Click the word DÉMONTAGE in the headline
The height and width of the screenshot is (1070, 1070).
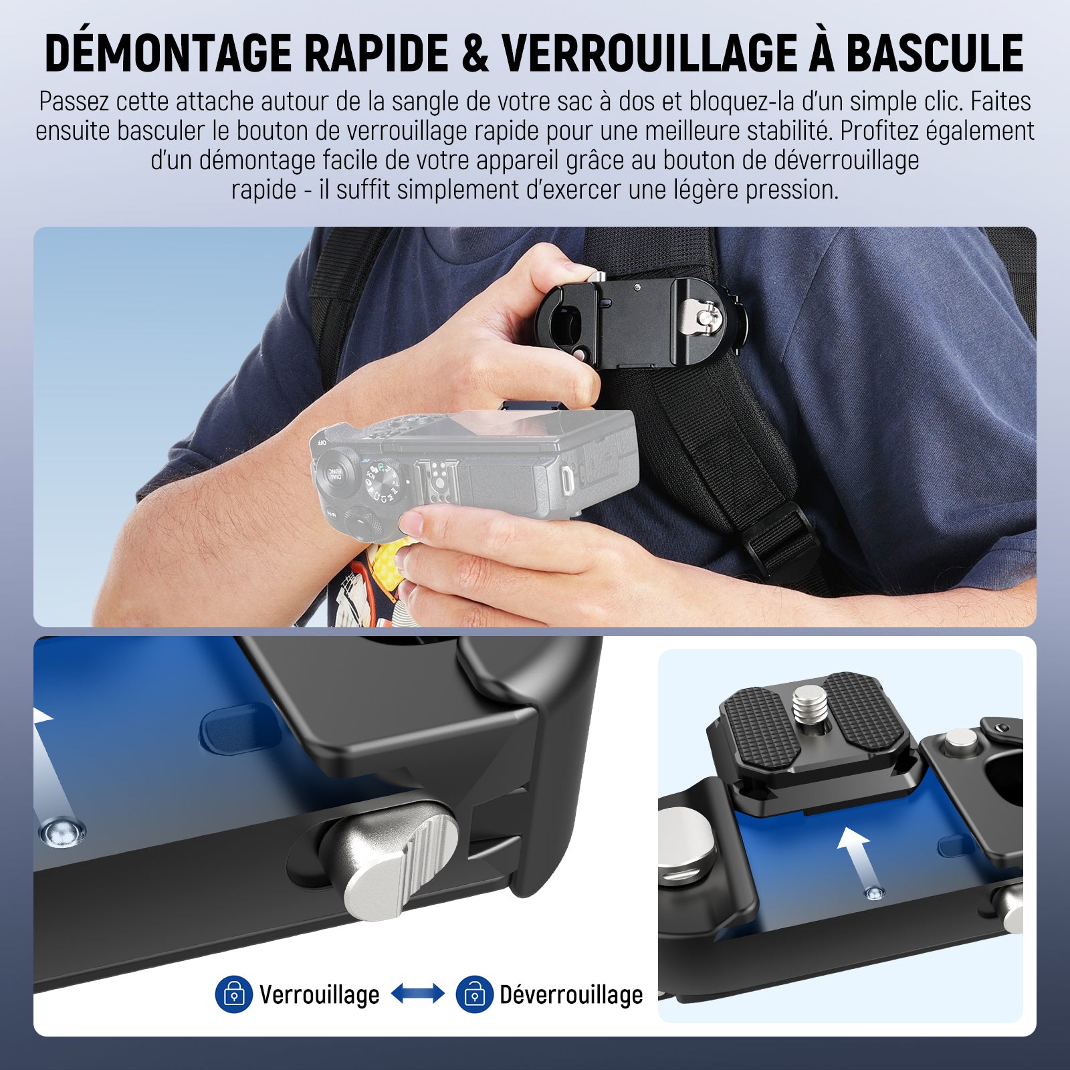click(168, 53)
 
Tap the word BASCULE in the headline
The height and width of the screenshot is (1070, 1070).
click(936, 53)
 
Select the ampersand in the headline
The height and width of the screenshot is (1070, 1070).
click(475, 53)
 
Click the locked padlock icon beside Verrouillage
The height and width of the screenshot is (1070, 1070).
click(233, 994)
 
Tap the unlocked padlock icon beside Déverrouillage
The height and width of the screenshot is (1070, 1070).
click(474, 994)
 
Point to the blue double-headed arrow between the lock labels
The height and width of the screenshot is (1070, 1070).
click(417, 994)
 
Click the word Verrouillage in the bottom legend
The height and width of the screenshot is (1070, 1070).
click(320, 995)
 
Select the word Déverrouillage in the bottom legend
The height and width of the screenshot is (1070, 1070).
click(571, 995)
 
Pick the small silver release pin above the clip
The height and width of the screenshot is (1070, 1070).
click(597, 277)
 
